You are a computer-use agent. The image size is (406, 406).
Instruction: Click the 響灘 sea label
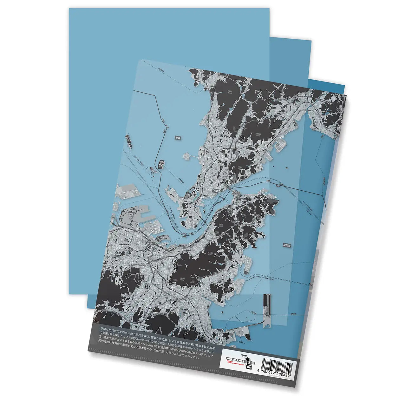pos(177,138)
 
